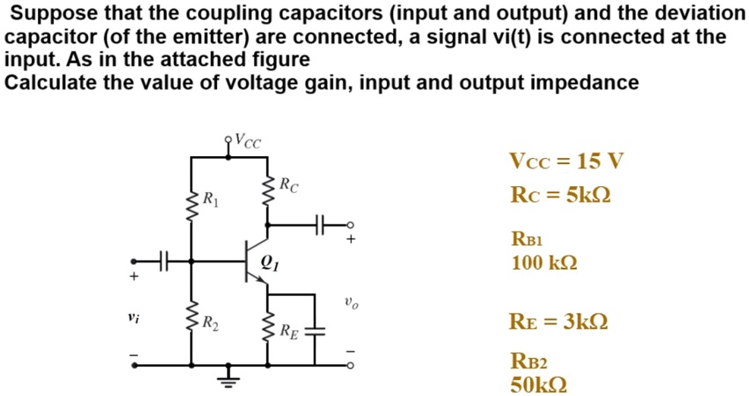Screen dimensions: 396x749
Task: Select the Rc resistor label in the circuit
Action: click(x=288, y=185)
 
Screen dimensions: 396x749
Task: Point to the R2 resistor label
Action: click(x=209, y=323)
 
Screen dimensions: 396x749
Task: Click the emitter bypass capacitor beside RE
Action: click(x=318, y=332)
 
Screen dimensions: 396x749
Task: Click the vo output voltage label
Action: click(x=352, y=305)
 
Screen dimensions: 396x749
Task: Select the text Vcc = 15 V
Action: click(x=565, y=162)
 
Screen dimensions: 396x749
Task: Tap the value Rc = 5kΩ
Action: click(x=560, y=195)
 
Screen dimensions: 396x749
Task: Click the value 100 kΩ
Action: click(x=544, y=262)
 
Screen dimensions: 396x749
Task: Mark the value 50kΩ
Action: click(x=538, y=385)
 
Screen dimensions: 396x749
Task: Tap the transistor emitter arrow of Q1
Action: click(x=260, y=279)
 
